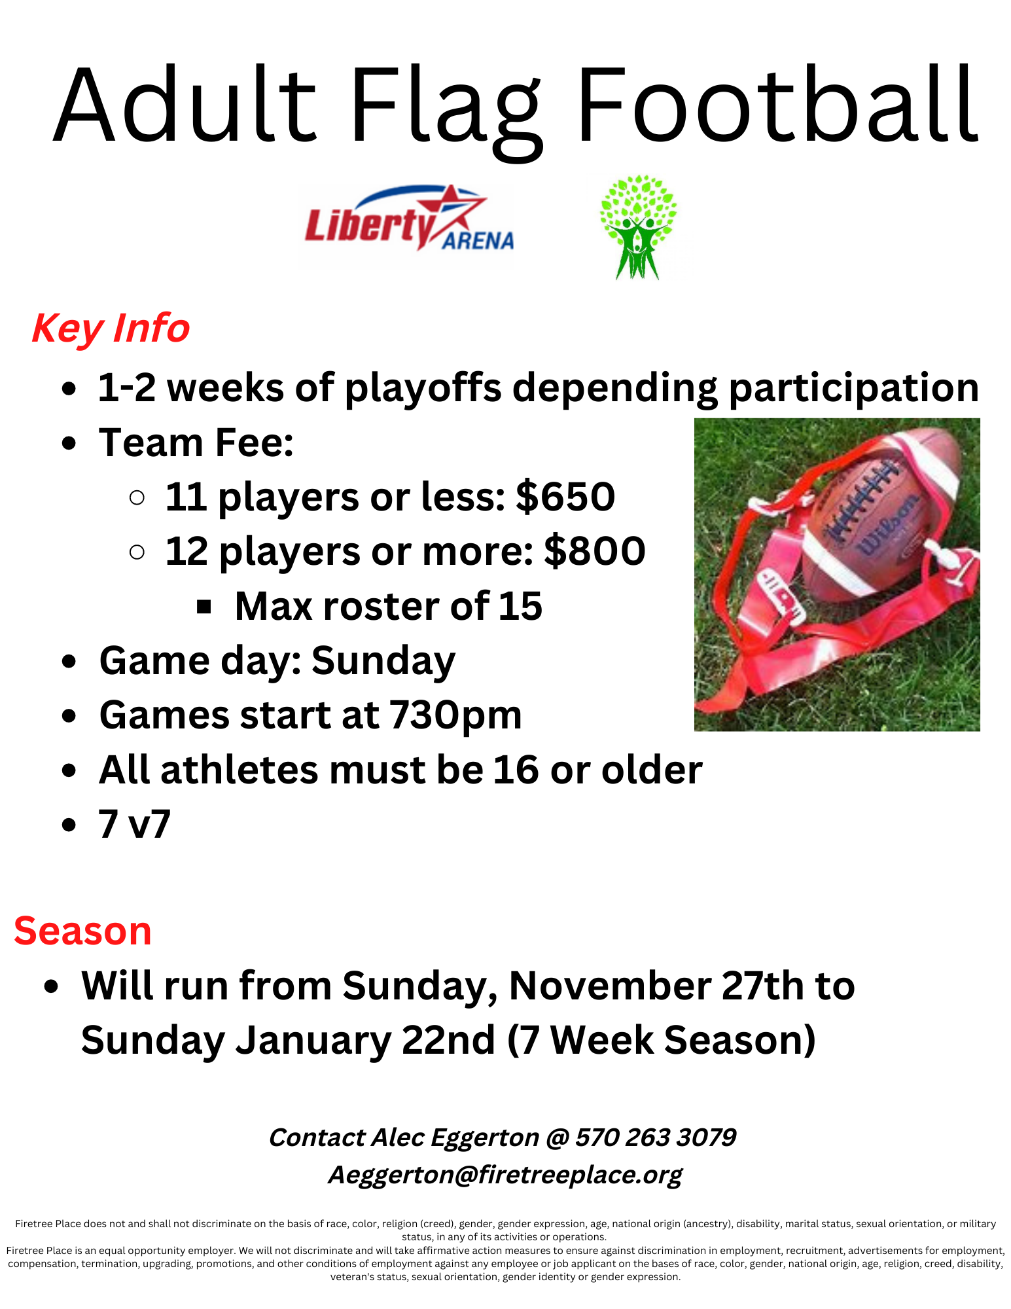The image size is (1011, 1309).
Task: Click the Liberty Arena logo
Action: pyautogui.click(x=409, y=220)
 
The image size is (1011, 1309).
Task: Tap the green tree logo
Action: pyautogui.click(x=638, y=226)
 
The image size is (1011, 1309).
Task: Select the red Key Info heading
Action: pyautogui.click(x=111, y=329)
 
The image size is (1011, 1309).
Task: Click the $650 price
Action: pyautogui.click(x=565, y=497)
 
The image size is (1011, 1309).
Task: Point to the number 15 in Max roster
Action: pyautogui.click(x=520, y=606)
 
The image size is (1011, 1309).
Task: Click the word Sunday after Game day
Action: pyautogui.click(x=383, y=661)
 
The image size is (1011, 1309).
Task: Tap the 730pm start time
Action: pyautogui.click(x=455, y=715)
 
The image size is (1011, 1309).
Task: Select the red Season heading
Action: pyautogui.click(x=82, y=931)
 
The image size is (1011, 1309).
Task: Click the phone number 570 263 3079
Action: pyautogui.click(x=656, y=1138)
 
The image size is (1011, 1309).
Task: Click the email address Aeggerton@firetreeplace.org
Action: pyautogui.click(x=505, y=1175)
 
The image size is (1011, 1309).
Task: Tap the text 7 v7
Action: pyautogui.click(x=135, y=824)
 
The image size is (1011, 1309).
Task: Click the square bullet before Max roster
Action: pyautogui.click(x=204, y=607)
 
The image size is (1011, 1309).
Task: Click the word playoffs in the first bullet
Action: pyautogui.click(x=423, y=387)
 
